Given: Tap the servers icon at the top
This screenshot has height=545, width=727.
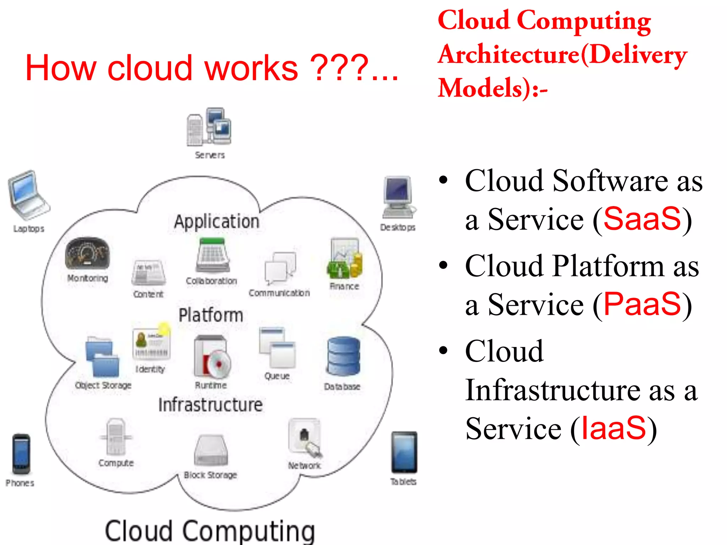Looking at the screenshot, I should tap(209, 127).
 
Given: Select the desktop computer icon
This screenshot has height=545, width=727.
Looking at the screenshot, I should tap(398, 197).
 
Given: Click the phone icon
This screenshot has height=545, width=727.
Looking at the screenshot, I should tap(21, 454).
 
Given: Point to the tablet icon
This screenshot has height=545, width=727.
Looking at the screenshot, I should tap(404, 453).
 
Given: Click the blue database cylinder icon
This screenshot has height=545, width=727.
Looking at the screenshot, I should tap(343, 356).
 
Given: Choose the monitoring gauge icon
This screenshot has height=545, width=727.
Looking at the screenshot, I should tap(87, 253).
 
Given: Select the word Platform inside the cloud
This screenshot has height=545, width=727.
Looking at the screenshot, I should tap(211, 315).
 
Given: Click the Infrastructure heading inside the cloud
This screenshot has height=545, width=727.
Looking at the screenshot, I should tap(211, 405).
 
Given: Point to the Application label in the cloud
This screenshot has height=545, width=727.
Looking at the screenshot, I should tap(217, 222).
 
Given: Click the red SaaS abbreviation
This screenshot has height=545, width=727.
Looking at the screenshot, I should tap(642, 219).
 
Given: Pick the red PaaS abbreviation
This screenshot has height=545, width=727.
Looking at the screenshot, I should tap(642, 304).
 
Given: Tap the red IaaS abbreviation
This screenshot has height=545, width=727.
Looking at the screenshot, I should tap(613, 428).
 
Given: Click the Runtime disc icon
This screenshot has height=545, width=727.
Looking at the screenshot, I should tap(212, 357).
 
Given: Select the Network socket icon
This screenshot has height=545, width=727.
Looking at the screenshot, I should tap(305, 437).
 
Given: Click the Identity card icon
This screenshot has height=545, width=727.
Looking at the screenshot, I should tap(151, 343).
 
